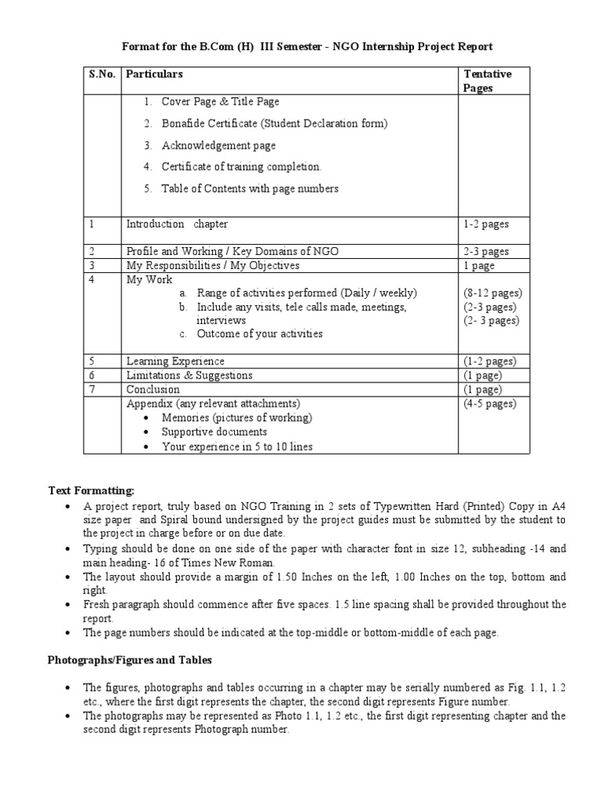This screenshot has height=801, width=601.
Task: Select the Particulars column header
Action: [154, 74]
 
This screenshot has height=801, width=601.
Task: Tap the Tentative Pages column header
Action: [488, 81]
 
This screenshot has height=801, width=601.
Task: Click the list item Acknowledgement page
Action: [218, 145]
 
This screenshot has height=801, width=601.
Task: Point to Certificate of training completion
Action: [241, 167]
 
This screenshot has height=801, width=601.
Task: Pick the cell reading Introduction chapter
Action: [177, 224]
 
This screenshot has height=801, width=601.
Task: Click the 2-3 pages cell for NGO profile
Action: [486, 252]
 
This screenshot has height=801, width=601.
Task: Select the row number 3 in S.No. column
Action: [92, 266]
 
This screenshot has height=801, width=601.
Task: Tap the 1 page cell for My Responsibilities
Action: [479, 266]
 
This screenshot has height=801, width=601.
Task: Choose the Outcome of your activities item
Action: [259, 334]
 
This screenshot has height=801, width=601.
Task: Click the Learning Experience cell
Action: [175, 361]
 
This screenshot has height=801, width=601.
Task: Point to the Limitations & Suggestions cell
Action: [189, 375]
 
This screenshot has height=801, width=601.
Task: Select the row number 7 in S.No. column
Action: [92, 390]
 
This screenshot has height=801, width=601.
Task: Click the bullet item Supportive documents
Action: [214, 432]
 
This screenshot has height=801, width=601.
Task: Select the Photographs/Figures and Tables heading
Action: [130, 660]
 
